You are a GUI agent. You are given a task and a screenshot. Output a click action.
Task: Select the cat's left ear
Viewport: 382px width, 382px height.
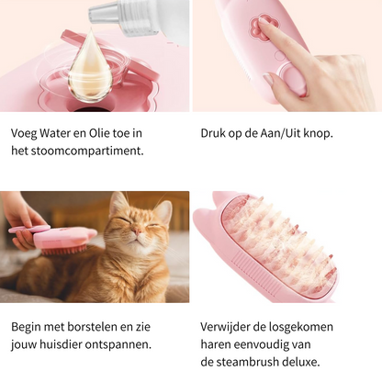[118, 203]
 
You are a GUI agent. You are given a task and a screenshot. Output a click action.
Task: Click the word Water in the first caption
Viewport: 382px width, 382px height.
[61, 133]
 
